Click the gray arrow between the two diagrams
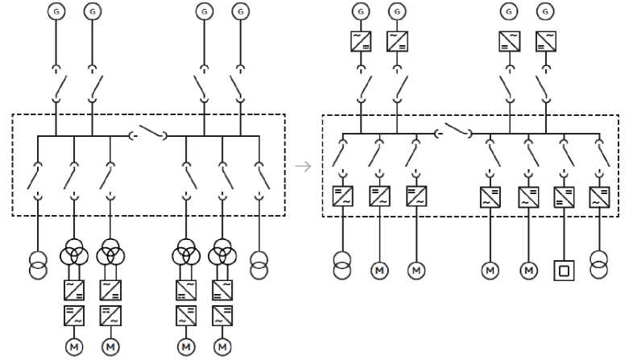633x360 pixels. pos(303,167)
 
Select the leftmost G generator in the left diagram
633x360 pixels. pos(56,11)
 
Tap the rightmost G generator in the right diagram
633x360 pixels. pos(546,11)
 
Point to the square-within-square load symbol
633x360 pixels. pos(564,270)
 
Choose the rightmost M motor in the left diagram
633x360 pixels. pos(222,346)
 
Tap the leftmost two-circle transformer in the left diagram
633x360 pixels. pos(38,265)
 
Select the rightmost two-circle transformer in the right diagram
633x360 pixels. pos(598,265)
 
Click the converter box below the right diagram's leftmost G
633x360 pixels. pos(360,40)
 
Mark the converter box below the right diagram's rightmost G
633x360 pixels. pos(546,40)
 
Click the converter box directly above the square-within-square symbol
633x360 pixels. pos(564,197)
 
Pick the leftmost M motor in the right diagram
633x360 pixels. pos(379,270)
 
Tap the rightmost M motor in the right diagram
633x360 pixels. pos(528,270)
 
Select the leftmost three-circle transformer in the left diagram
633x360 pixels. pos(74,255)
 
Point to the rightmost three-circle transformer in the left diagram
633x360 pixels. pos(222,255)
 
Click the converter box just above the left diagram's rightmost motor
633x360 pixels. pos(222,315)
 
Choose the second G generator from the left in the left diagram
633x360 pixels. pos(93,11)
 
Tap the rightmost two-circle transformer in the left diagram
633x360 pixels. pos(259,265)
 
